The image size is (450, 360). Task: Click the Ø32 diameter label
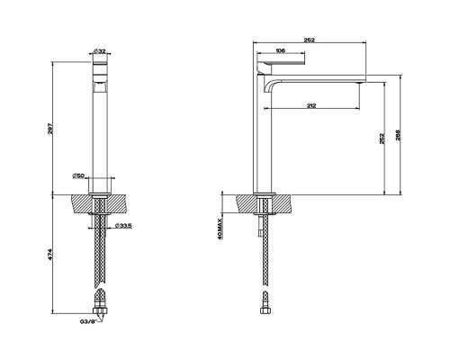[x=100, y=51]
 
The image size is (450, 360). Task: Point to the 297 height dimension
[x=50, y=129]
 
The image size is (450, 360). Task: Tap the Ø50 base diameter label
[x=78, y=175]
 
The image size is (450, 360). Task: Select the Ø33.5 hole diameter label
[x=123, y=226]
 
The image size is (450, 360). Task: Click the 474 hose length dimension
[x=50, y=255]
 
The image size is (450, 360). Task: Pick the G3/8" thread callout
[x=88, y=321]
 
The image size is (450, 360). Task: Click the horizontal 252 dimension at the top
[x=310, y=40]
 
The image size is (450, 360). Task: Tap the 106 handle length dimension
[x=280, y=51]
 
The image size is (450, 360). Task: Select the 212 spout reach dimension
[x=311, y=105]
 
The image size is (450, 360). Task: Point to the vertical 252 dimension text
[x=382, y=139]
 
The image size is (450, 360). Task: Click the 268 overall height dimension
[x=398, y=135]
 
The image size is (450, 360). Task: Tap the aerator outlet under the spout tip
[x=359, y=83]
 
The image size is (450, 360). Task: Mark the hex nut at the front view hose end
[x=100, y=310]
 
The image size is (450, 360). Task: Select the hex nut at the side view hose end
[x=265, y=310]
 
